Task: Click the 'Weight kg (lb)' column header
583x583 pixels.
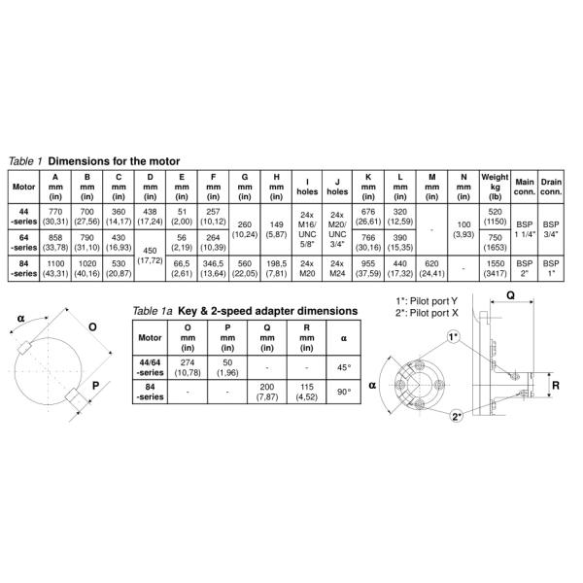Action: coord(495,187)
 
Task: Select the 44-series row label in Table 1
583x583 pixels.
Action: coord(23,217)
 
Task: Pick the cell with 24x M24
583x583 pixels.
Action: coord(337,268)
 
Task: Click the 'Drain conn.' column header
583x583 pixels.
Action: coord(551,187)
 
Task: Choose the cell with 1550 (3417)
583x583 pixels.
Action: coord(495,268)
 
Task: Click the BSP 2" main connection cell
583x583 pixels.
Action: coord(525,268)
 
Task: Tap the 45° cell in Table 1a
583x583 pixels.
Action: coord(344,367)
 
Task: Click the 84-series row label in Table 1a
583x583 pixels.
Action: coord(151,392)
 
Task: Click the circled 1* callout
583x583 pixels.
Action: coord(454,337)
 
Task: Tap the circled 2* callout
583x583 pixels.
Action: coord(457,416)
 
